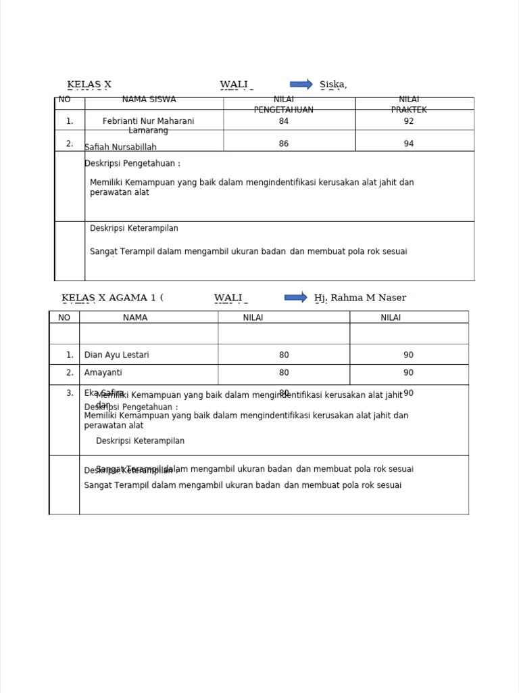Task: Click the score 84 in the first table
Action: coord(283,121)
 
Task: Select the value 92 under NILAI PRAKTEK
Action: coord(408,121)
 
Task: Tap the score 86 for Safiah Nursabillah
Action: coord(283,143)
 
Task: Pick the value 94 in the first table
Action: coord(408,143)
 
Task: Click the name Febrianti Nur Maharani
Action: coord(148,121)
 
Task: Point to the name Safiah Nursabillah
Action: coord(120,147)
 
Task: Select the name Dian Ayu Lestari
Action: coord(116,355)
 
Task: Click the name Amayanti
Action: coord(103,373)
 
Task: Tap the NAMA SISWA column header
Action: coord(149,99)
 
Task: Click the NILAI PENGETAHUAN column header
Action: coord(283,104)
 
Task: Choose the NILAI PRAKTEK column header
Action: coord(409,104)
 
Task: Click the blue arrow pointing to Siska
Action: coord(301,84)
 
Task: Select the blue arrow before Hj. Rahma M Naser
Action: coord(296,297)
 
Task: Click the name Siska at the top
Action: coord(333,85)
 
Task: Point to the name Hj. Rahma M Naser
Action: coord(360,298)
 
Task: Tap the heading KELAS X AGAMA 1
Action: coord(112,298)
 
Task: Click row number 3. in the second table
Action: coord(70,393)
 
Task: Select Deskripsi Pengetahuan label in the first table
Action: coord(132,164)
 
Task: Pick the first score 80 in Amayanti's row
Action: coord(283,373)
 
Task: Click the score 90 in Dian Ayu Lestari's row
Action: coord(408,355)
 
